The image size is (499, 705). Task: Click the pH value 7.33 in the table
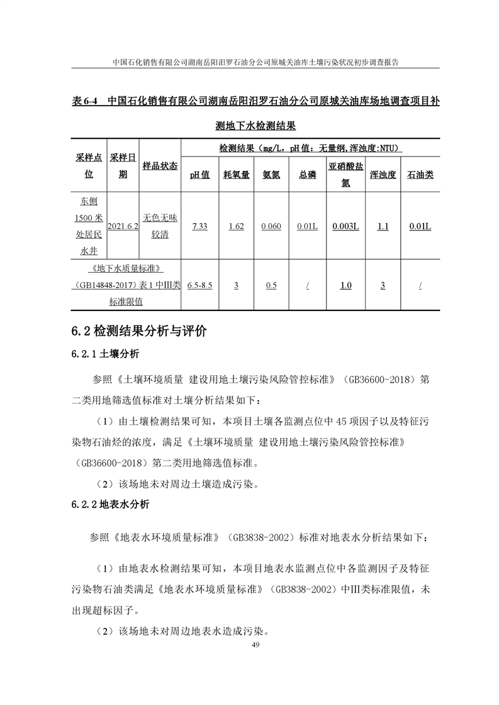pyautogui.click(x=199, y=226)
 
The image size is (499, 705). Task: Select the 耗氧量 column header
pyautogui.click(x=236, y=175)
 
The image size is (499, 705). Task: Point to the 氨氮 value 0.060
pyautogui.click(x=271, y=226)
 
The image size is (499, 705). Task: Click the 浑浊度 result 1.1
pyautogui.click(x=383, y=226)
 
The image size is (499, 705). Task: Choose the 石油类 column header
pyautogui.click(x=420, y=175)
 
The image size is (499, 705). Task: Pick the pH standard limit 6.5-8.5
pyautogui.click(x=199, y=285)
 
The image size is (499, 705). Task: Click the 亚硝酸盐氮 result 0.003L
pyautogui.click(x=345, y=226)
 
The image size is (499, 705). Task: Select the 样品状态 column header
pyautogui.click(x=160, y=166)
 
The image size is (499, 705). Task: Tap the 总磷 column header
pyautogui.click(x=308, y=175)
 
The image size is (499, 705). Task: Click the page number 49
pyautogui.click(x=255, y=646)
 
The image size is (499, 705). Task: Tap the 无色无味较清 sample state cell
pyautogui.click(x=160, y=226)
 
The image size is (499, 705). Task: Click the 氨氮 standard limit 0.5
pyautogui.click(x=271, y=285)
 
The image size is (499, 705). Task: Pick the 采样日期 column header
pyautogui.click(x=123, y=165)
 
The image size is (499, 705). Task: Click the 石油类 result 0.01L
pyautogui.click(x=420, y=226)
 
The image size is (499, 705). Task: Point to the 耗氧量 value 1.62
pyautogui.click(x=236, y=226)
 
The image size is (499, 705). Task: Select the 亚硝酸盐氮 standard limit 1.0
pyautogui.click(x=345, y=285)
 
